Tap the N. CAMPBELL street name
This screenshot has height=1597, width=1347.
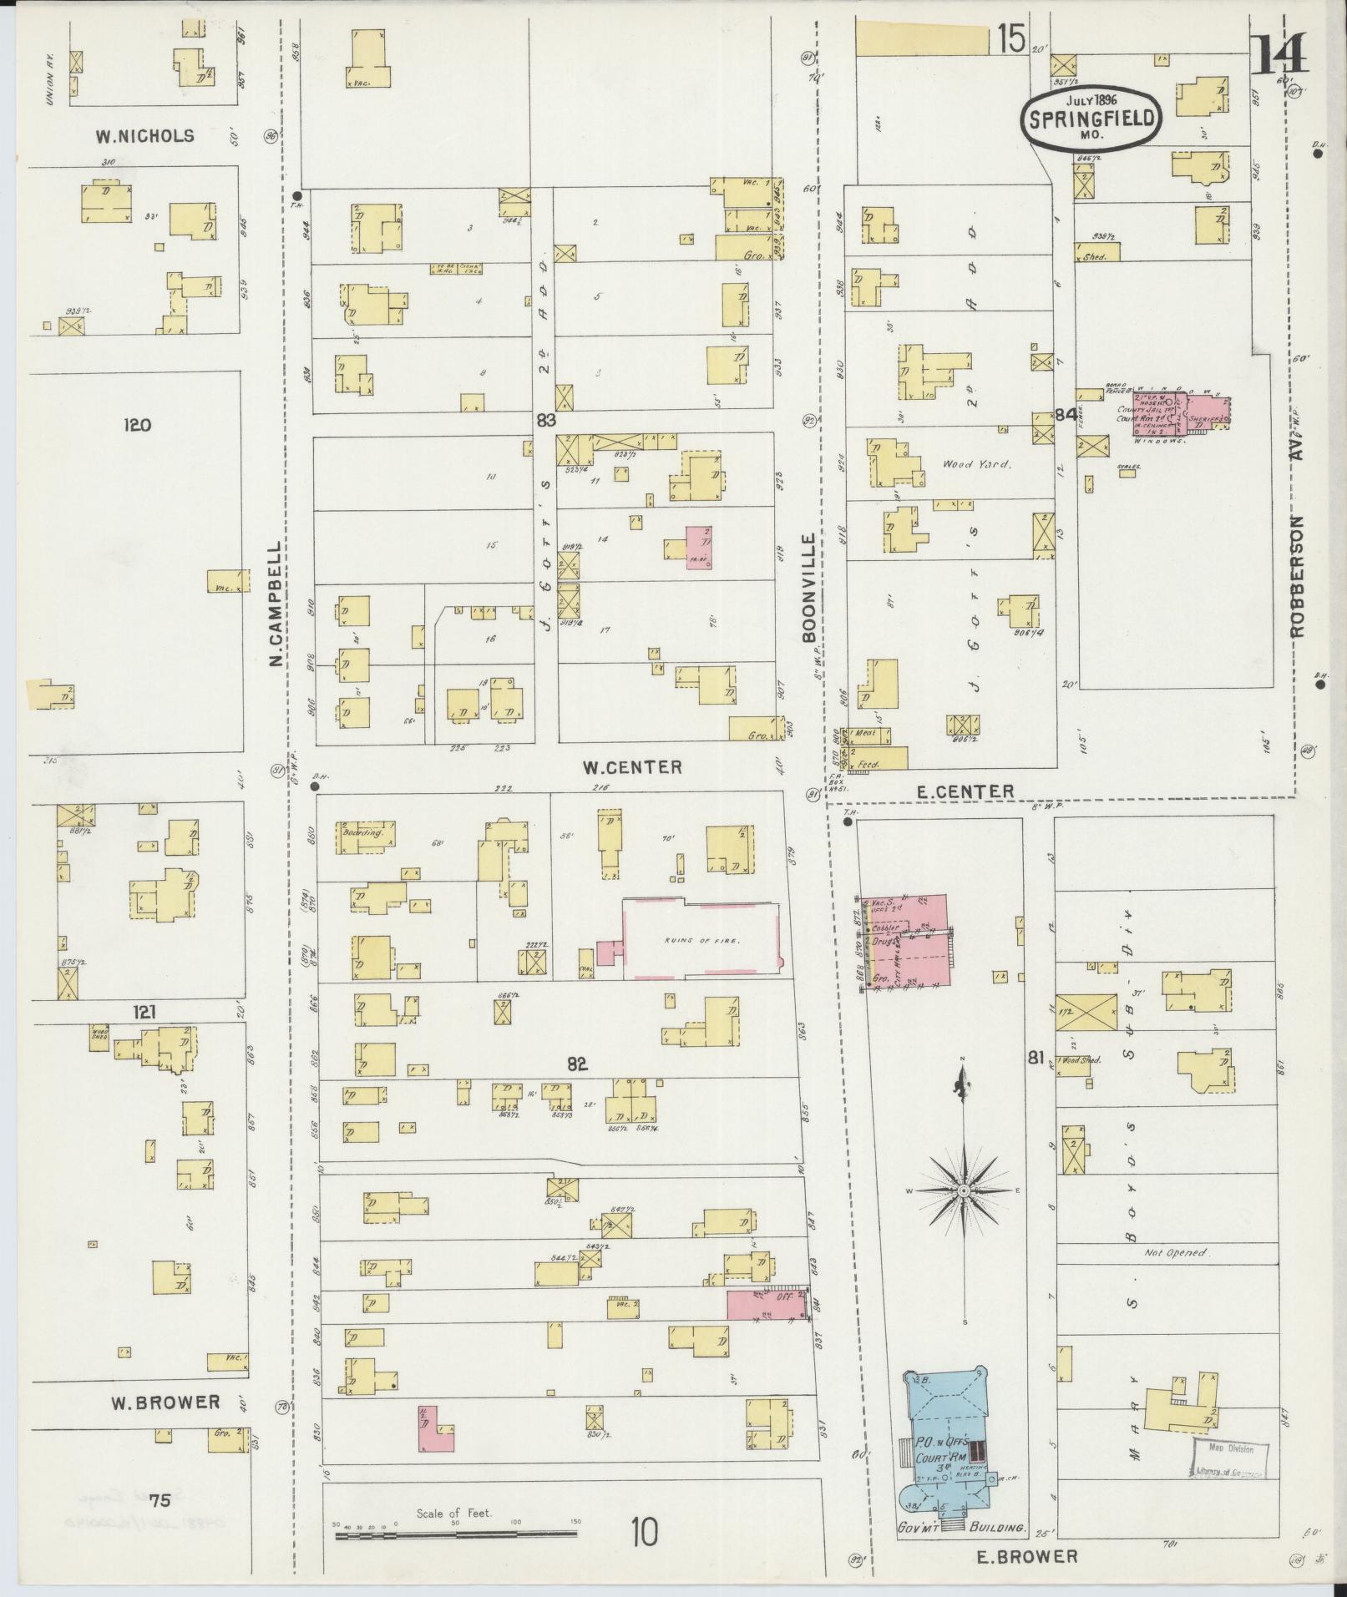(x=275, y=602)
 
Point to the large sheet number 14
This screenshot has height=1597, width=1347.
(x=1280, y=58)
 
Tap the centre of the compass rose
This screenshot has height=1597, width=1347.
(x=964, y=1190)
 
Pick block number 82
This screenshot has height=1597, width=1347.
(x=577, y=1064)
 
